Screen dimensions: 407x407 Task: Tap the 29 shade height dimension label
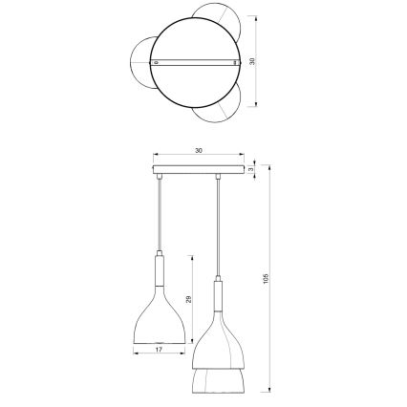(x=188, y=299)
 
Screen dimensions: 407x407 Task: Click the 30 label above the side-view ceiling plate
(x=198, y=152)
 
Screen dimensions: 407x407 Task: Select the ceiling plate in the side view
(x=198, y=172)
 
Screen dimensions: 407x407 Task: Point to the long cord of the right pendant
(x=219, y=229)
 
